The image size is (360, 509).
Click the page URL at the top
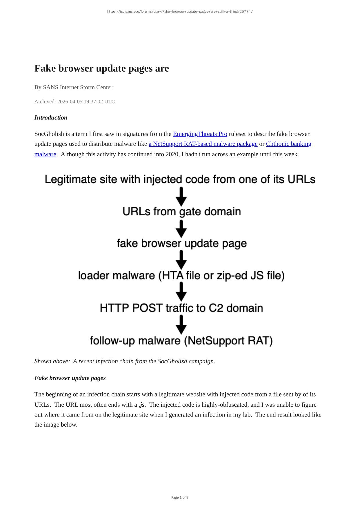coord(180,12)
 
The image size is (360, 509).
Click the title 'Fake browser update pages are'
coord(101,68)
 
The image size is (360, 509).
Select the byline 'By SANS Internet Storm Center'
coord(73,87)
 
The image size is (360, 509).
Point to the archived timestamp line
coord(74,101)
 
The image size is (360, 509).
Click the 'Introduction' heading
coord(51,117)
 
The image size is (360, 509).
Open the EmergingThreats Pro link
coord(200,134)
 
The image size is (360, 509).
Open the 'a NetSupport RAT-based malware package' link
coord(203,144)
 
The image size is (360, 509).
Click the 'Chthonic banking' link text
coord(288,144)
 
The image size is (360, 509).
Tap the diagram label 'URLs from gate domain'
coord(181,212)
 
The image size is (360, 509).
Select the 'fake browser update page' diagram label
coord(181,243)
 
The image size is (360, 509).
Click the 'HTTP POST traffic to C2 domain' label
coord(181,308)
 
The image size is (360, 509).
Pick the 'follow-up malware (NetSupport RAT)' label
coord(181,341)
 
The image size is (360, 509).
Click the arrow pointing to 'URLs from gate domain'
coord(181,197)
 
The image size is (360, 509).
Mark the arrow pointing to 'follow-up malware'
coord(181,324)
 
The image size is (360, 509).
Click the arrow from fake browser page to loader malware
coord(181,259)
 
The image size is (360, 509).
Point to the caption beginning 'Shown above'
coord(125,361)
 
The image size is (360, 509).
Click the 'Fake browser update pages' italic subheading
coord(70,378)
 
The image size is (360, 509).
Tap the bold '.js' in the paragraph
coord(141,405)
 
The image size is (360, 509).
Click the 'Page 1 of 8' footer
coord(180,497)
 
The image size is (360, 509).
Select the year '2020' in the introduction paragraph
coord(172,154)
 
